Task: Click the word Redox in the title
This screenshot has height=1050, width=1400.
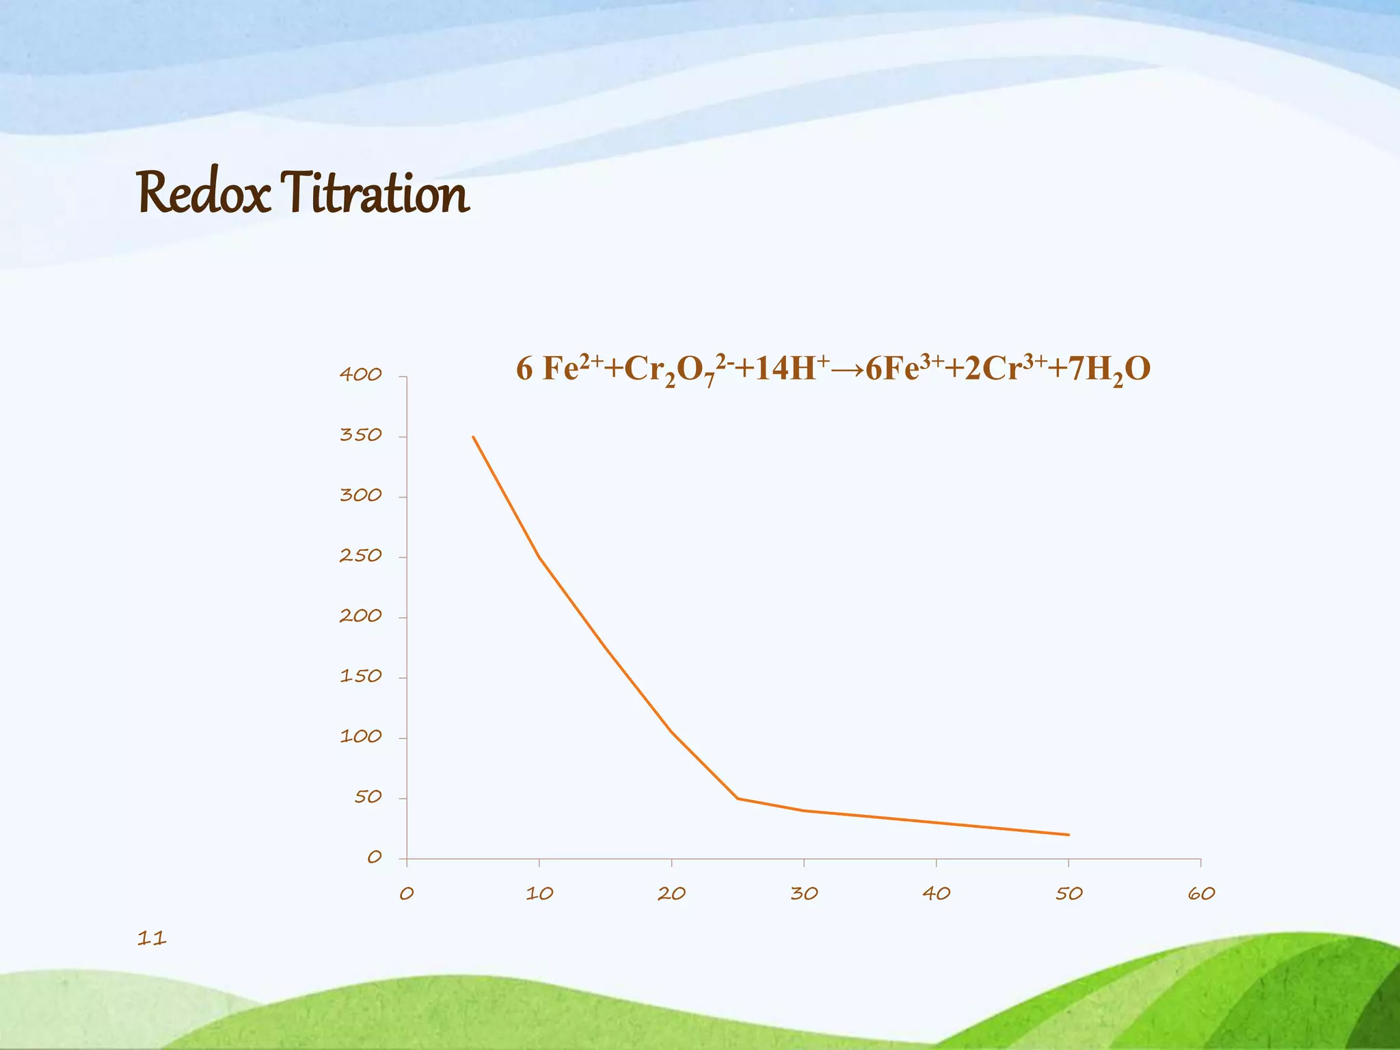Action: coord(204,193)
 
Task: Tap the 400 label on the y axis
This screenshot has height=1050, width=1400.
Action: coord(360,375)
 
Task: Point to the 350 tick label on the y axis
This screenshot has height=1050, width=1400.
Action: coord(360,435)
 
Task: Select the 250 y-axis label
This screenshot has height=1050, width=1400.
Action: coord(360,556)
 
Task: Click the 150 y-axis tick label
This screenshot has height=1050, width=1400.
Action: coord(360,677)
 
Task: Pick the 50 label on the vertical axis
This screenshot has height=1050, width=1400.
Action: coord(368,797)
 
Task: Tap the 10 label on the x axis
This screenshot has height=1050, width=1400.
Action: coord(539,893)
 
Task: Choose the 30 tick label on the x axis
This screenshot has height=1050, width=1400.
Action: coord(804,893)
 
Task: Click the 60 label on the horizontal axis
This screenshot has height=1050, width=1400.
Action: coord(1201,893)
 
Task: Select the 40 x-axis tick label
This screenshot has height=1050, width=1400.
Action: coord(937,893)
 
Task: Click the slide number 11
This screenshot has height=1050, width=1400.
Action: coord(152,938)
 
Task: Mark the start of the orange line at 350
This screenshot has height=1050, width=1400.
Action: coord(473,437)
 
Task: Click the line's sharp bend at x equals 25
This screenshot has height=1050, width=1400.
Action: coord(738,798)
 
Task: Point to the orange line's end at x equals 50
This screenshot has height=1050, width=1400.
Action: coord(1068,835)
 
